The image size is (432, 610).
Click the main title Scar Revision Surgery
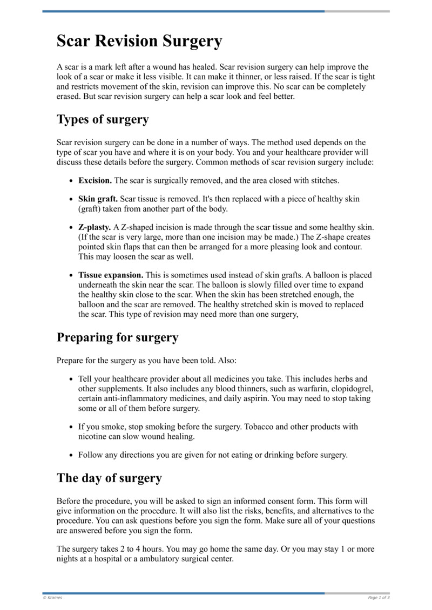139,41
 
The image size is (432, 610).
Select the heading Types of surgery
103,119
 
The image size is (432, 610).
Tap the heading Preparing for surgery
117,337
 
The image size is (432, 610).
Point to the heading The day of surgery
109,478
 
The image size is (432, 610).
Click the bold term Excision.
95,180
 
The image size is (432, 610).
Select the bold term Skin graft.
98,199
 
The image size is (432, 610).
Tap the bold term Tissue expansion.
111,275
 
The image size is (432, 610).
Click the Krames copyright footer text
52,598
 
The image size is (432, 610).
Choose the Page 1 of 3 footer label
379,598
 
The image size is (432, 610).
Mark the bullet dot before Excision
71,180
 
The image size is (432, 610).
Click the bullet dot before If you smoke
71,427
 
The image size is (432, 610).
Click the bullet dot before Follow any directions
71,455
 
